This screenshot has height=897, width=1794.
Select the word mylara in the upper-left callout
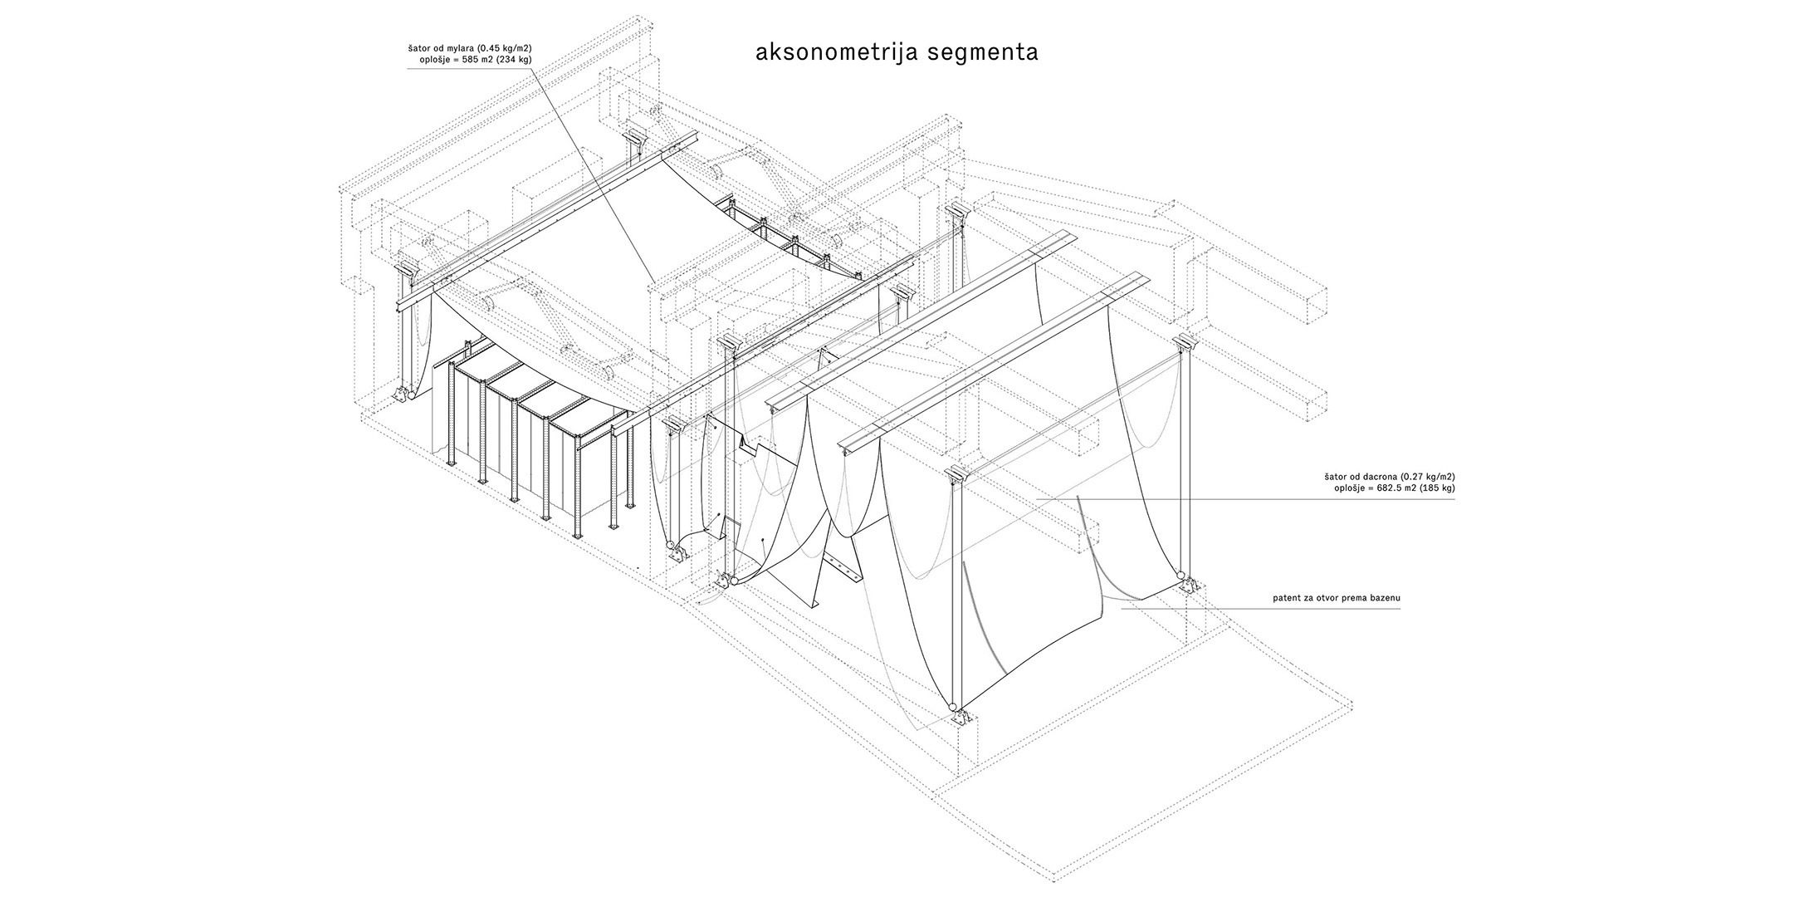click(x=459, y=48)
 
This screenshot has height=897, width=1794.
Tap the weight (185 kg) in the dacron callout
click(x=1435, y=488)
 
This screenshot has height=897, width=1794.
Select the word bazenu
click(x=1384, y=598)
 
